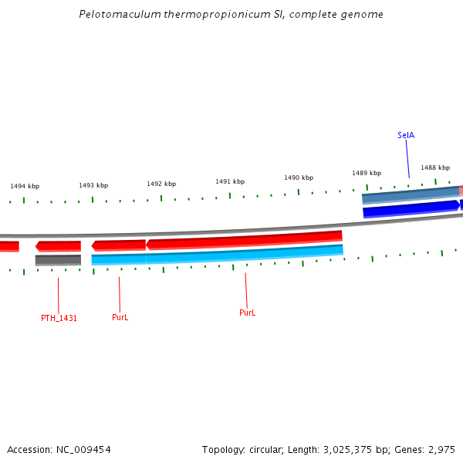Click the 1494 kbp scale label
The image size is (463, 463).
(25, 186)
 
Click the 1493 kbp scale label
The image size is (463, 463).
(93, 185)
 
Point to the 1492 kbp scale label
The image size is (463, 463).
(161, 184)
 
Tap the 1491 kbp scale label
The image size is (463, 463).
(230, 181)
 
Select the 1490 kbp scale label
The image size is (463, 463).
(299, 177)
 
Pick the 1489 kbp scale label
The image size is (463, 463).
(367, 173)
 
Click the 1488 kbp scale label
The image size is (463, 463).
(435, 167)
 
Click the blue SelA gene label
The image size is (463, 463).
(406, 135)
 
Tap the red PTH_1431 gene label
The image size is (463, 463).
(59, 318)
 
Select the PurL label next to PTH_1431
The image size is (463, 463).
(120, 317)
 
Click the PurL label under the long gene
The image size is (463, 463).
(247, 313)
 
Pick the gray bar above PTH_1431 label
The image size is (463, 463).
(58, 260)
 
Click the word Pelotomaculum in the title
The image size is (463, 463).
(115, 15)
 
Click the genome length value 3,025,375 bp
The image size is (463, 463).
(356, 449)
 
